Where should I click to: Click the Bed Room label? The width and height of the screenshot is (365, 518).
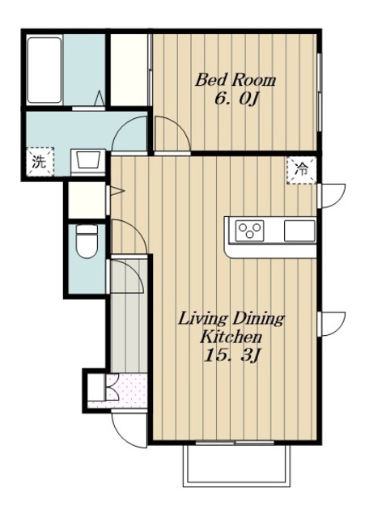pos(235,80)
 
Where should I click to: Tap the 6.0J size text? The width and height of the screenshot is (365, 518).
pos(236,99)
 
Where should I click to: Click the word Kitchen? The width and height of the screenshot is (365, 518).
pos(231,337)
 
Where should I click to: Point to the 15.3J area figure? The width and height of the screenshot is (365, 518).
pos(233,355)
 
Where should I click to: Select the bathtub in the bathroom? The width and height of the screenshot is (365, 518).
pos(45,70)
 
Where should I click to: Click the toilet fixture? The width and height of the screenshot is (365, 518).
pos(87,241)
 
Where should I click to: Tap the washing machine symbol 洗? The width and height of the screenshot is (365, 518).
pos(40,162)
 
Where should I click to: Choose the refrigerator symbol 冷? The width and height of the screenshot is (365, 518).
pos(302,170)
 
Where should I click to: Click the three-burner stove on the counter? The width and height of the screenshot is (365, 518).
pos(250,230)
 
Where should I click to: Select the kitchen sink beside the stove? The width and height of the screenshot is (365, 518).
pos(299,231)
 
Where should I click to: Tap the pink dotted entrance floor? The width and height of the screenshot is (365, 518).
pos(127,392)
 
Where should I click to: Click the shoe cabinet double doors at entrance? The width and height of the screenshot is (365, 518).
pos(112,387)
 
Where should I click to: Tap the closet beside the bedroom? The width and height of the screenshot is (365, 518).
pos(129,70)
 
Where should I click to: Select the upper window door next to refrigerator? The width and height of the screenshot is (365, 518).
pos(331,196)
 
